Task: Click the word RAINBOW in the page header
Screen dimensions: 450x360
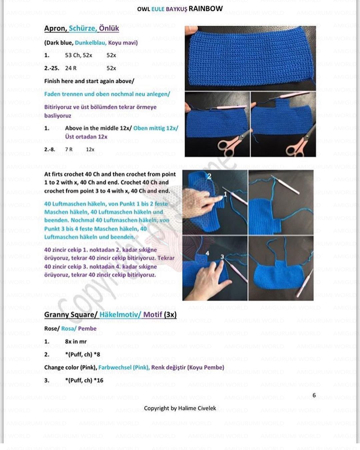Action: coord(206,9)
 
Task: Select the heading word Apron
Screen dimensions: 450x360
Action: coord(55,28)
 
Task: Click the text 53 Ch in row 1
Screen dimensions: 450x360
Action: coord(72,55)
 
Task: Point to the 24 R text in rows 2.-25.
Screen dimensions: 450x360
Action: coord(71,68)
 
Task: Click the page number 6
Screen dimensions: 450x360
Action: coord(314,395)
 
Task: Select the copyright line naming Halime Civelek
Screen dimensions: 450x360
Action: coord(180,408)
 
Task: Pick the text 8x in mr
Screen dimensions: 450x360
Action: coord(76,342)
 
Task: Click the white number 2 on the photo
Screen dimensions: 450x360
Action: coord(209,176)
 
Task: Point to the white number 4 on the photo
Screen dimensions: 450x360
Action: coord(207,254)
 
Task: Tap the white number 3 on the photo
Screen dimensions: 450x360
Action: coord(222,257)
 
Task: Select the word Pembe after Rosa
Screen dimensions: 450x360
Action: coord(87,329)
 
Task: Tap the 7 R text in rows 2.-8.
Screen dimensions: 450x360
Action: coord(69,150)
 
